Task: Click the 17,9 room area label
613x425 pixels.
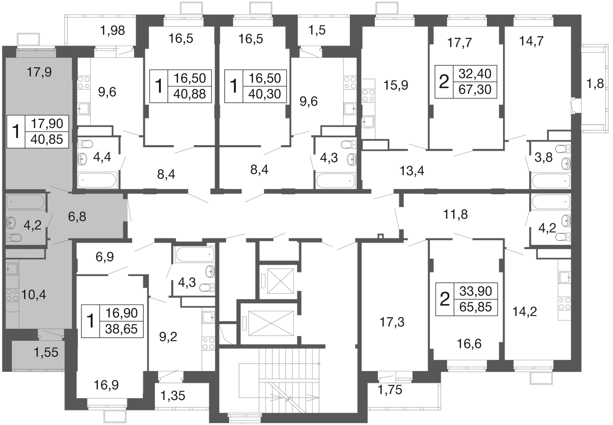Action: [39, 72]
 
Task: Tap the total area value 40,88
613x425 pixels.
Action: [189, 94]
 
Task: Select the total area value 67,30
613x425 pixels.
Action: [475, 90]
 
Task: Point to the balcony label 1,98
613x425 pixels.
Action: [113, 30]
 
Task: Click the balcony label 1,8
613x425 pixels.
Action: [595, 84]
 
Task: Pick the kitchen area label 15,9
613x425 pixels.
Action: [396, 85]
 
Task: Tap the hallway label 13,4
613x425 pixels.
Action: [412, 171]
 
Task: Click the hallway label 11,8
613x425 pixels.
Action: [456, 215]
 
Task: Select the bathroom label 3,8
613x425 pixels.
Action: [544, 158]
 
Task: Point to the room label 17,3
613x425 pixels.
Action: [392, 322]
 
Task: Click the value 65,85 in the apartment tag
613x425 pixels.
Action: [475, 307]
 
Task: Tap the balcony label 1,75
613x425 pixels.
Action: [390, 390]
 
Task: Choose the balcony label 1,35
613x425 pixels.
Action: [173, 396]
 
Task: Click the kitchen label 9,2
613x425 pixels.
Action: [168, 337]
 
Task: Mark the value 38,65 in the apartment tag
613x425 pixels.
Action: [121, 329]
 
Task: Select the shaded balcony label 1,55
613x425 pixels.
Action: [46, 353]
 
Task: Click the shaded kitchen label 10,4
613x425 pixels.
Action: [33, 295]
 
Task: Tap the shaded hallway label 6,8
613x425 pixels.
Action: [77, 217]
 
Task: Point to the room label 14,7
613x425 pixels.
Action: [531, 41]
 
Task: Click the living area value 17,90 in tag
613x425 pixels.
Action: [47, 124]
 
